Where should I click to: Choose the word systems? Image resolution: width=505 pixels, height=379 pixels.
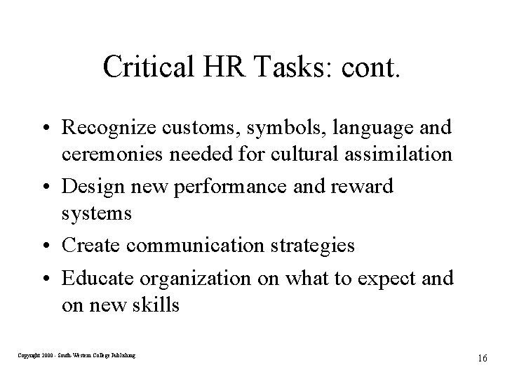tap(97, 212)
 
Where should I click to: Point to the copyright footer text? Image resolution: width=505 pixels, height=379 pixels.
tap(77, 356)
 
